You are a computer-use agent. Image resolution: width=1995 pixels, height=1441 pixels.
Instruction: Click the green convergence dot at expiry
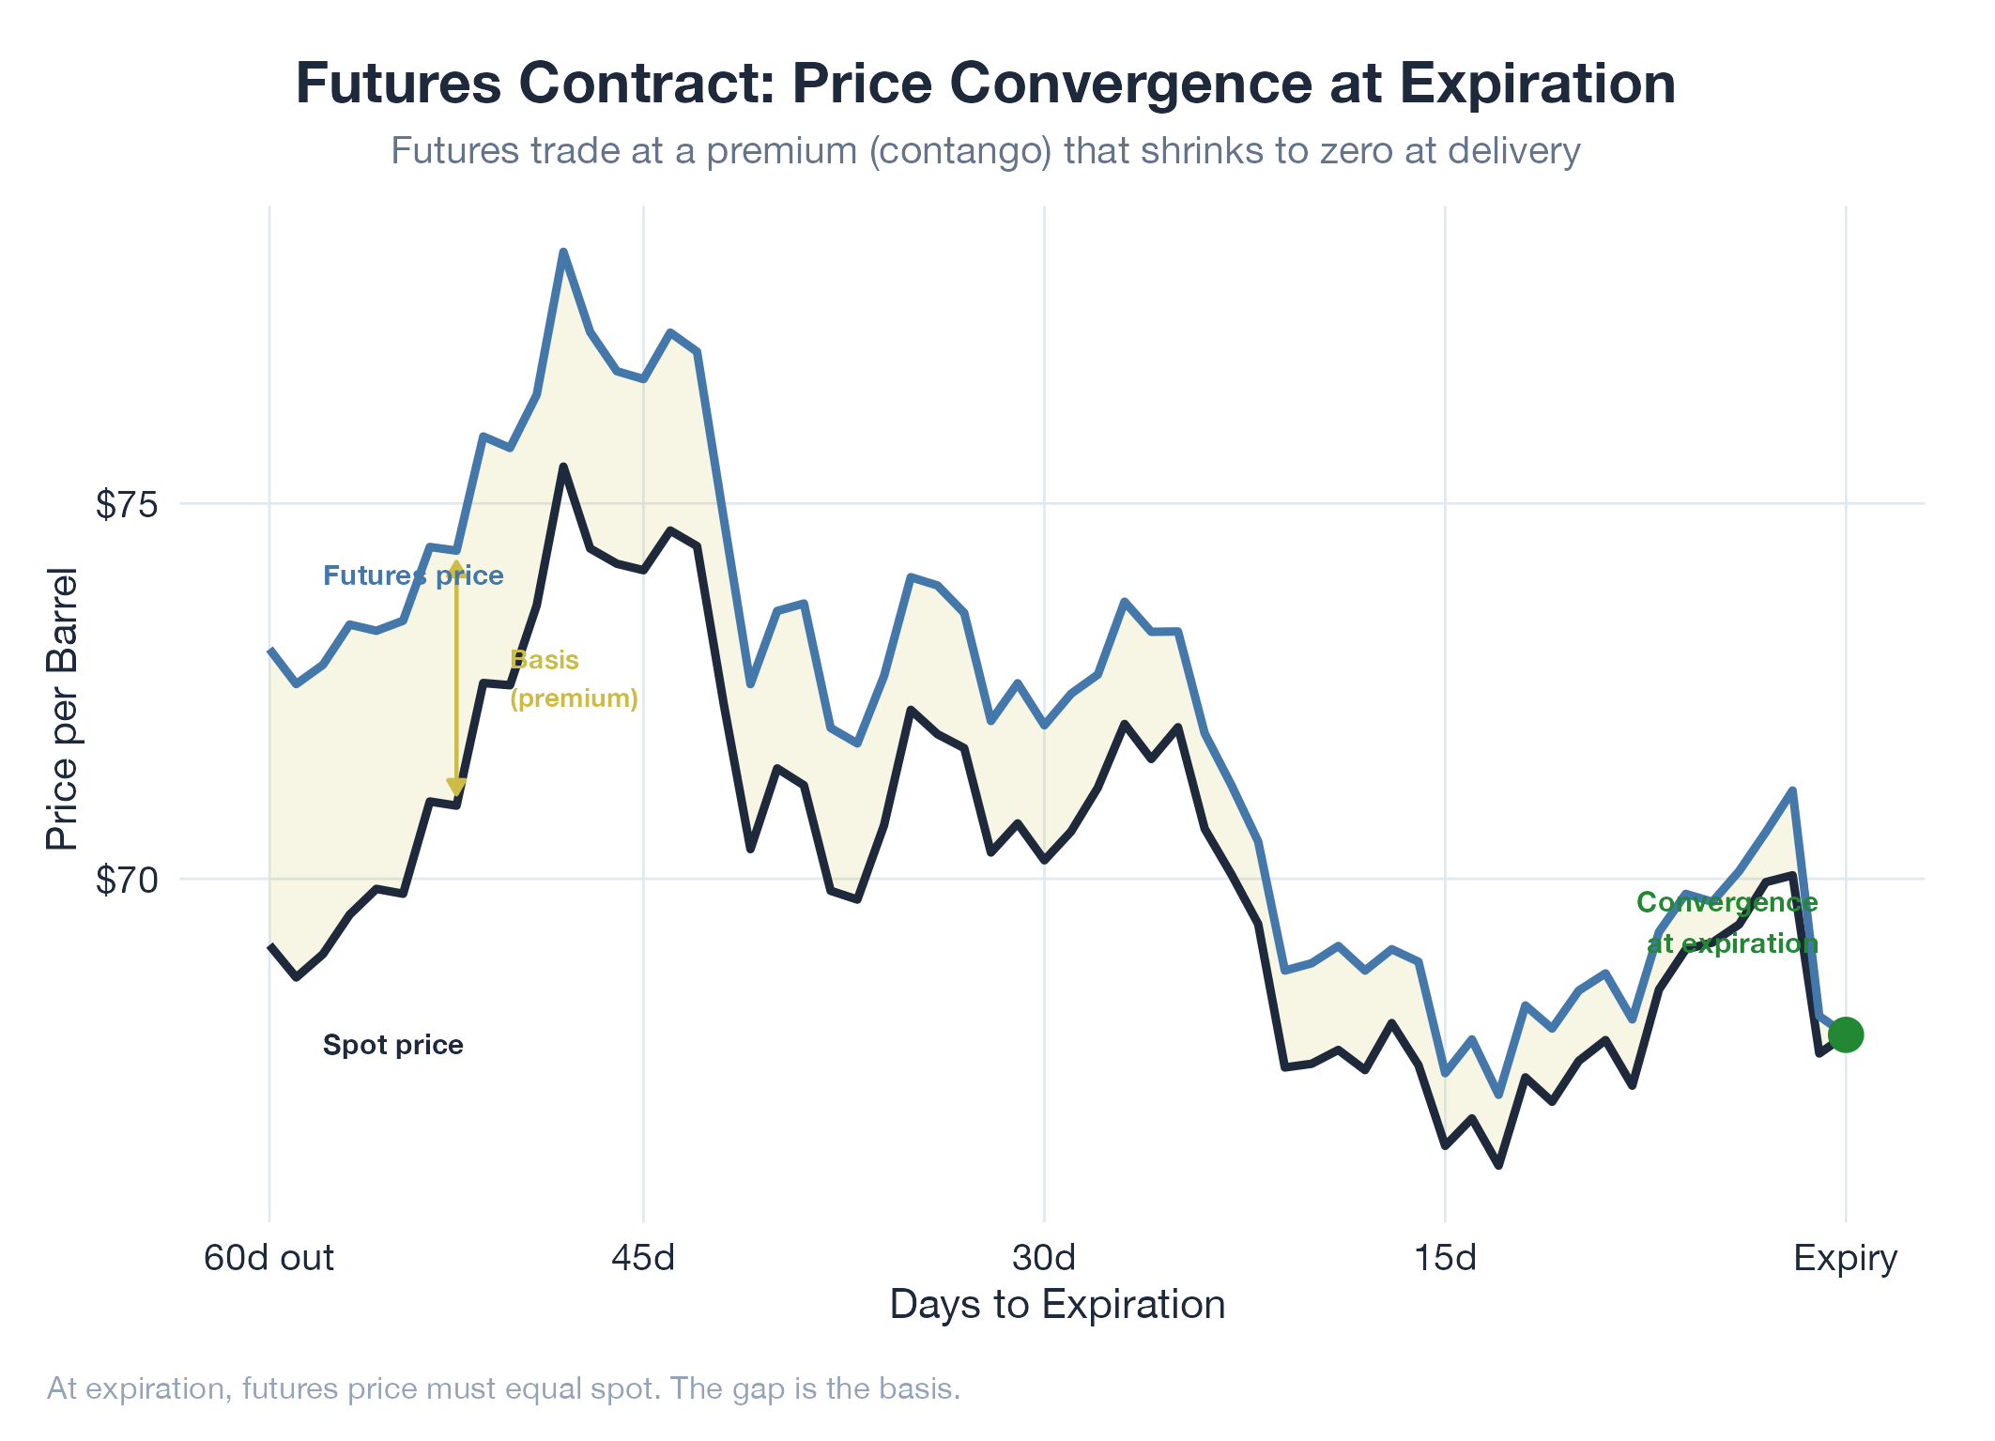tap(1845, 1035)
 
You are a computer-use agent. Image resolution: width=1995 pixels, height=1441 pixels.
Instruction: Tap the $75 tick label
tap(127, 505)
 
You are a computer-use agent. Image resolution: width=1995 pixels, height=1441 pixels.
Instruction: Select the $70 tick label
tap(127, 881)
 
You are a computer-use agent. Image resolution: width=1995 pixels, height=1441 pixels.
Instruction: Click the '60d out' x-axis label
tap(269, 1257)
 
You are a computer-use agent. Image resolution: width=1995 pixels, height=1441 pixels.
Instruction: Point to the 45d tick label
tap(643, 1257)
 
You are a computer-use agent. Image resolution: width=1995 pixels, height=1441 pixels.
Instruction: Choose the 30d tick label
tap(1044, 1257)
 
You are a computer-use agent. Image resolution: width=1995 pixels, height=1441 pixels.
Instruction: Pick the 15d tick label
tap(1445, 1257)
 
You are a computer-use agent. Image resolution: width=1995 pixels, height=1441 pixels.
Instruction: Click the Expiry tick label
tap(1845, 1257)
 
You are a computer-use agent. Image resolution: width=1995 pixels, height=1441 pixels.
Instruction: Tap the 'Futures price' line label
tap(413, 575)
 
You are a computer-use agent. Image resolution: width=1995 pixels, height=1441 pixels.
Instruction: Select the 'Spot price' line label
tap(392, 1045)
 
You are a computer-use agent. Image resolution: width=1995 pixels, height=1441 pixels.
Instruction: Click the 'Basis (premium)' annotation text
tap(574, 679)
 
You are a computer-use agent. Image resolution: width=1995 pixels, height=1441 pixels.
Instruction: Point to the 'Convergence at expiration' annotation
tap(1727, 923)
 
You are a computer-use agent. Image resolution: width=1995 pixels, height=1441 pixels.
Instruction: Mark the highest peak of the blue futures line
tap(562, 253)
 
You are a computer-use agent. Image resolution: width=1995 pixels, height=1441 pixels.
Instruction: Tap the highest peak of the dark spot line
tap(562, 467)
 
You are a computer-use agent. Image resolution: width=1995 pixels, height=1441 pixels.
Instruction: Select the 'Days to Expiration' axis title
tap(1057, 1305)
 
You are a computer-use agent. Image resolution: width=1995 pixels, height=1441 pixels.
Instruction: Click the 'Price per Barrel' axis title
tap(63, 709)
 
